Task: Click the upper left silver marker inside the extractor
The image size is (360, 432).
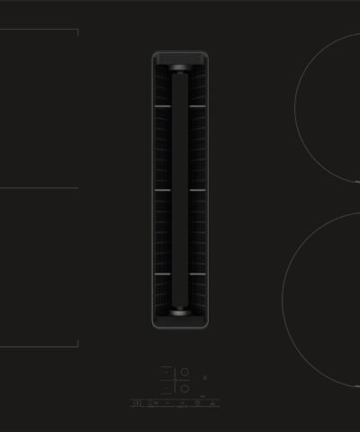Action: (x=162, y=107)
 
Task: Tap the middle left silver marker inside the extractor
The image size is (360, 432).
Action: (x=162, y=190)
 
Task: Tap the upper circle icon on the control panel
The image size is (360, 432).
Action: (x=184, y=372)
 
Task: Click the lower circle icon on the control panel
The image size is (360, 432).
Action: (x=184, y=389)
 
